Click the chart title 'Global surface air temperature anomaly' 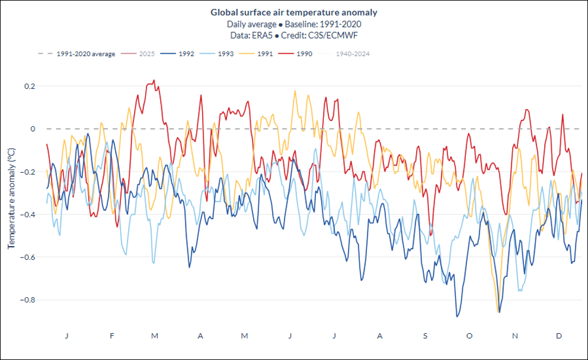[294, 12]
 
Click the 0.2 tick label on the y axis [30, 86]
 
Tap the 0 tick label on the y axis [33, 129]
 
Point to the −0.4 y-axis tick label [27, 214]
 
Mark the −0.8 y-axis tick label [27, 300]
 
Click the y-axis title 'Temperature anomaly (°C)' [11, 198]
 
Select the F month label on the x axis [112, 336]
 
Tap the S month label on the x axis [424, 336]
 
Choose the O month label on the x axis [469, 336]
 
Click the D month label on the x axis [559, 336]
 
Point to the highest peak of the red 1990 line [154, 81]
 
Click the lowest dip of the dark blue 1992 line [457, 317]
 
